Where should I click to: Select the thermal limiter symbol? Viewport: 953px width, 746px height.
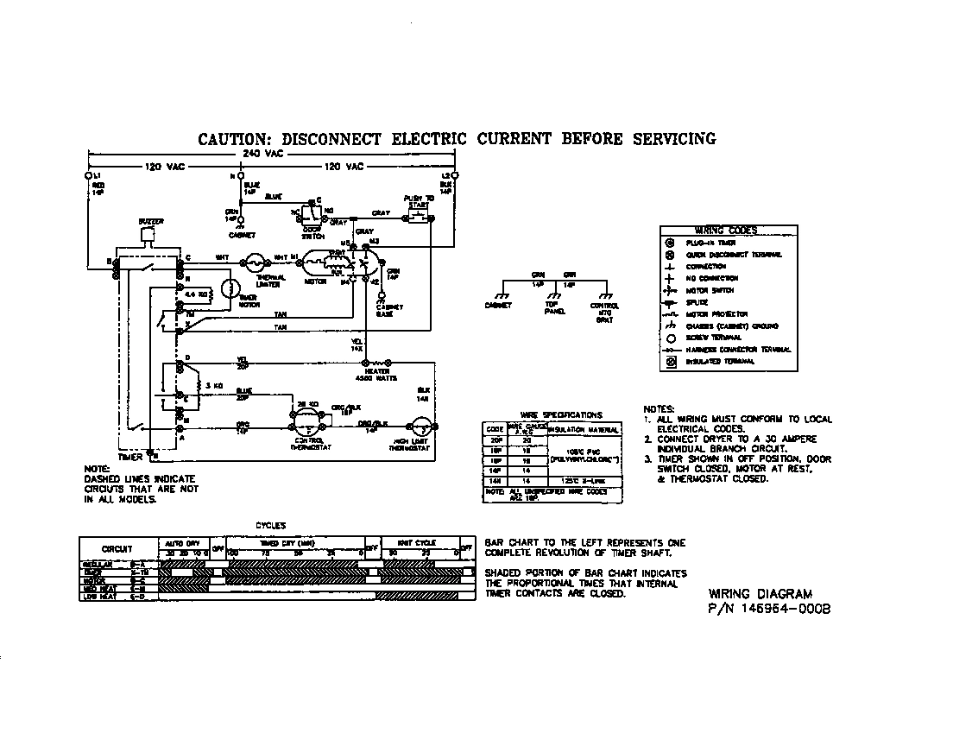(x=255, y=259)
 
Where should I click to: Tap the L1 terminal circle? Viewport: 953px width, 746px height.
(x=88, y=176)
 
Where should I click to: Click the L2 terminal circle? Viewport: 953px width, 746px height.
(x=454, y=176)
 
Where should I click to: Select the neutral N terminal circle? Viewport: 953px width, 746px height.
(x=240, y=176)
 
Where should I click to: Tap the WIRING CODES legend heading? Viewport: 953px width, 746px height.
(x=726, y=231)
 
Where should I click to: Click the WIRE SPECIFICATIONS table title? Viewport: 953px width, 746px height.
(x=561, y=415)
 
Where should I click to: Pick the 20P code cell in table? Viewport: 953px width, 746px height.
(x=495, y=439)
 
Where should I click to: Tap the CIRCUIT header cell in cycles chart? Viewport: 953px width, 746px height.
(x=117, y=549)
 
